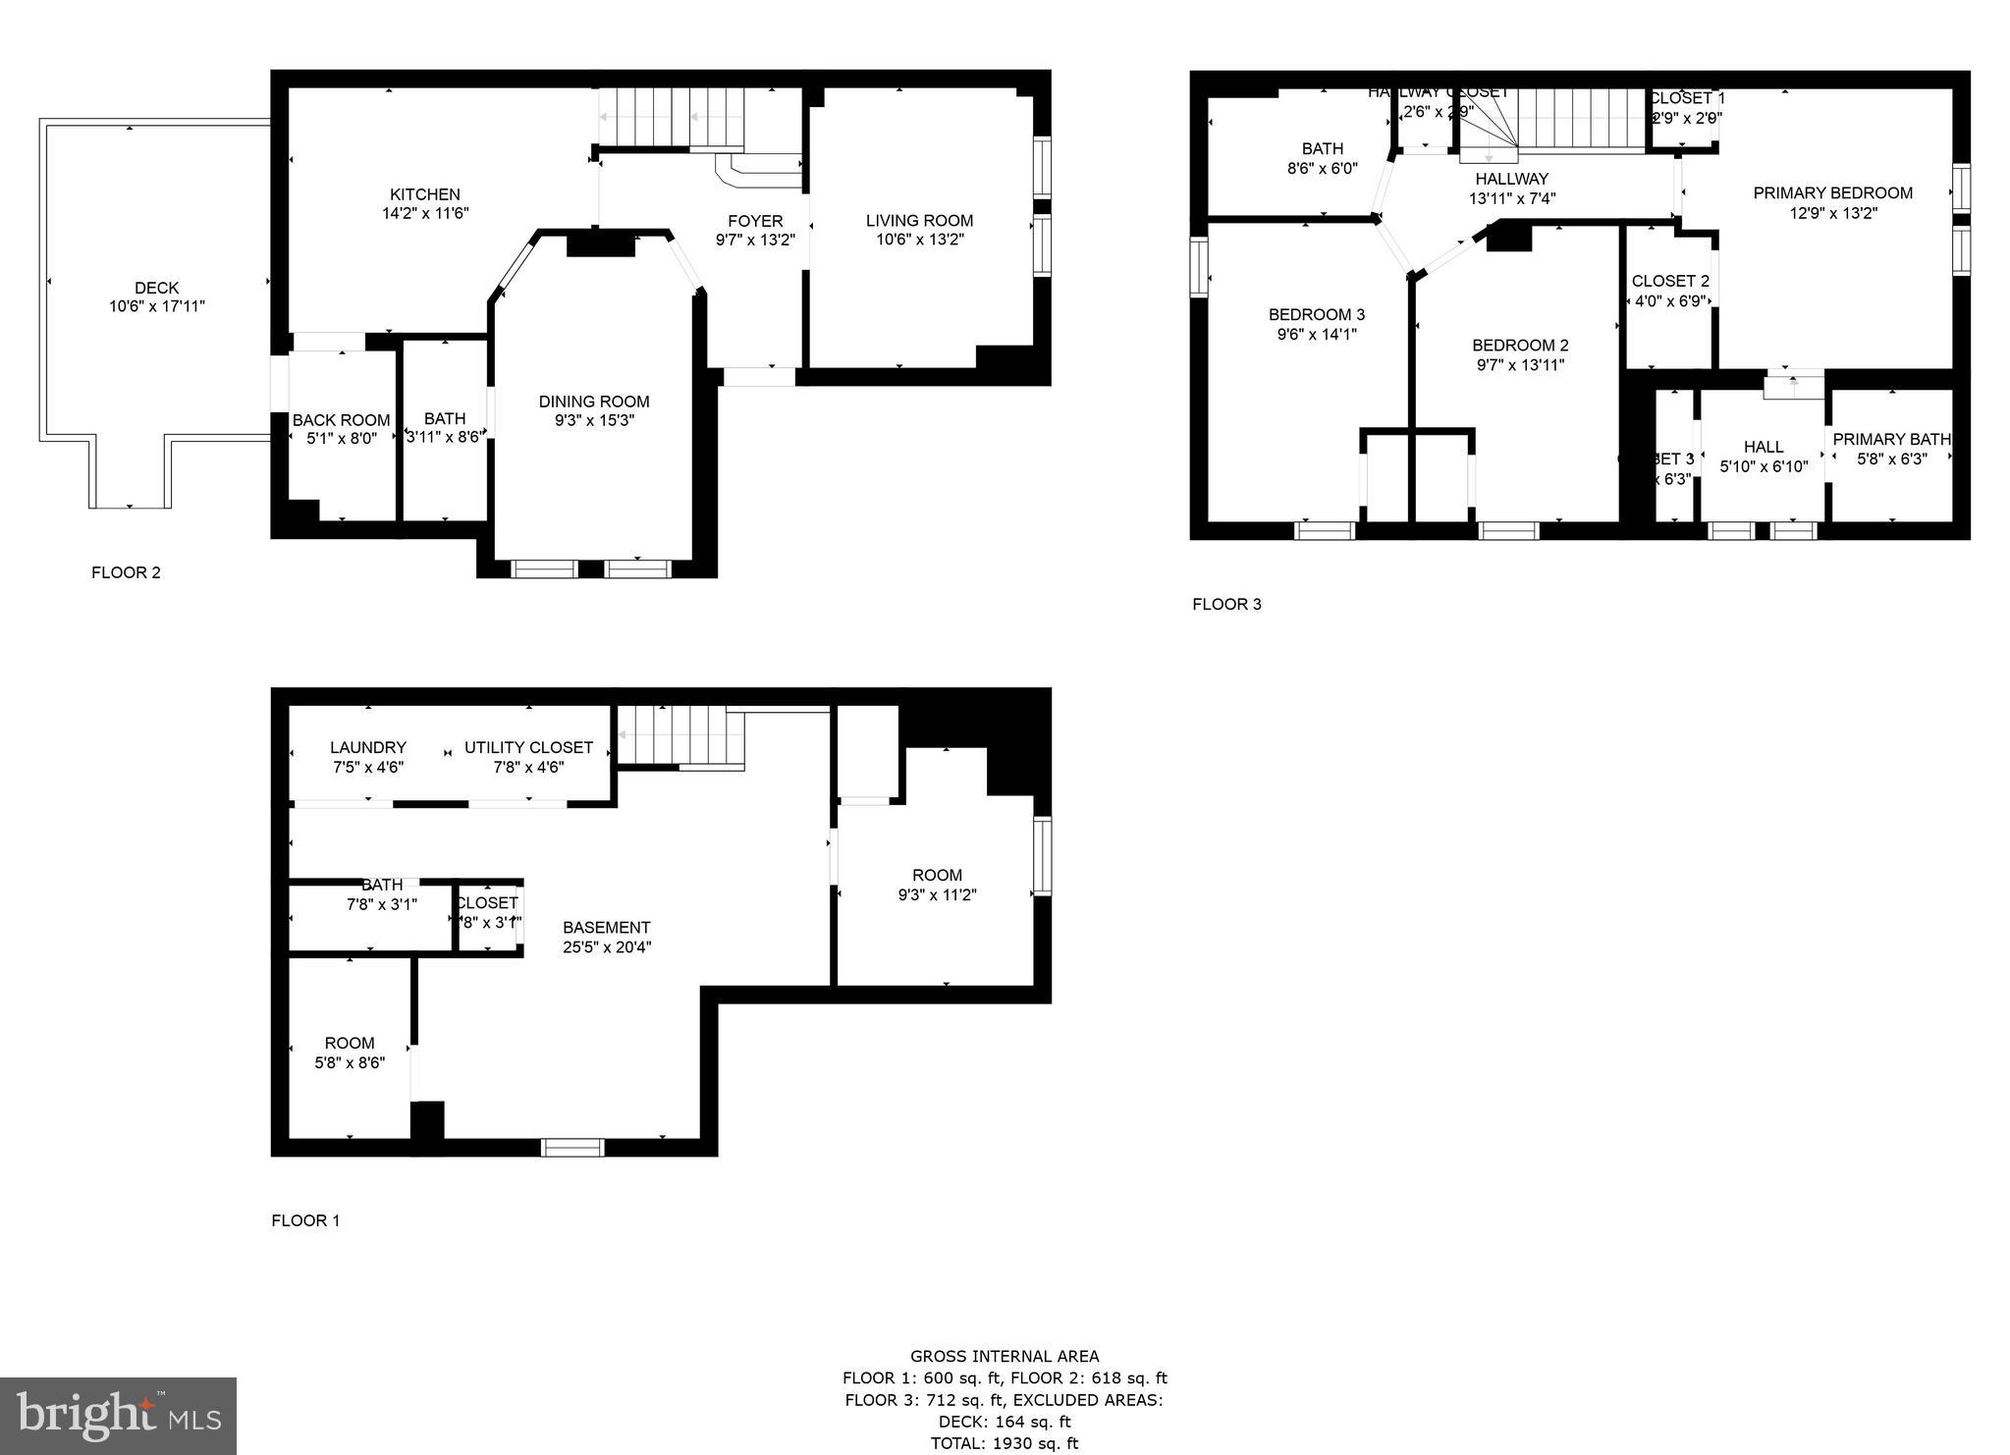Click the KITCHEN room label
[x=424, y=194]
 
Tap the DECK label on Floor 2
[x=156, y=288]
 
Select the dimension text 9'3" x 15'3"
[x=594, y=420]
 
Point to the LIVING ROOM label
[x=919, y=221]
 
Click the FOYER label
[x=755, y=221]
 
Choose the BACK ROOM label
[x=341, y=420]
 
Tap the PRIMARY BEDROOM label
[x=1832, y=193]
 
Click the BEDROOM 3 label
[x=1316, y=315]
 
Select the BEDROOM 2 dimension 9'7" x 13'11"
[x=1520, y=365]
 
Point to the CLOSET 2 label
[x=1670, y=282]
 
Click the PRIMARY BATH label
[x=1891, y=440]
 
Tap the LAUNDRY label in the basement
[x=367, y=748]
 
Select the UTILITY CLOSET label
[x=528, y=748]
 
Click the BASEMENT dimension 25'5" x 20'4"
[x=607, y=947]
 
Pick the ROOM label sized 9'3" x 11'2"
[x=937, y=876]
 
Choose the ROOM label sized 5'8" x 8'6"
[x=350, y=1044]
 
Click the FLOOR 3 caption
[x=1226, y=605]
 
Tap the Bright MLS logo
[x=118, y=1416]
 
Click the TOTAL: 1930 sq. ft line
[x=1004, y=1443]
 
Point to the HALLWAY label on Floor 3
[x=1511, y=180]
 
